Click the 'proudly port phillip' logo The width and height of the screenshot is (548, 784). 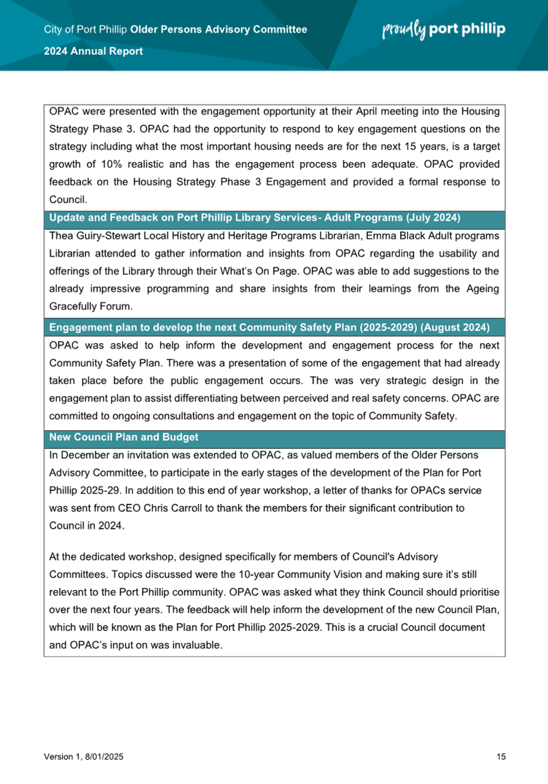444,29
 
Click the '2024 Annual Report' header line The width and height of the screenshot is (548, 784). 93,51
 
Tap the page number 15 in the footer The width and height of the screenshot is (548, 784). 501,757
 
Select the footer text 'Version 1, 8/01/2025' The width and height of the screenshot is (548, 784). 84,757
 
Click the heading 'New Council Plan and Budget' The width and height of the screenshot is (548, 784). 124,437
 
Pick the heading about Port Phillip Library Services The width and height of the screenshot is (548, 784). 255,218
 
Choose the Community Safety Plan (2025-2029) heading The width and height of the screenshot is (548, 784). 269,328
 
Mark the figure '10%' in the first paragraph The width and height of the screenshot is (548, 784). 112,164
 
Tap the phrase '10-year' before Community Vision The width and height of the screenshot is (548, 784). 254,574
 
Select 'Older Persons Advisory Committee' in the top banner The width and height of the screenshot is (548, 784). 218,29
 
